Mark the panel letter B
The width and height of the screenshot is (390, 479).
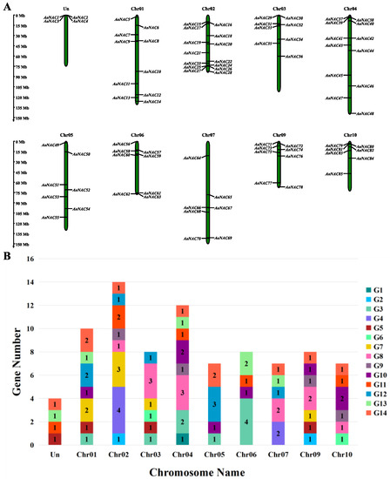click(7, 257)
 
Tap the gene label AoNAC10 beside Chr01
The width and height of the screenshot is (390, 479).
click(152, 71)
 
